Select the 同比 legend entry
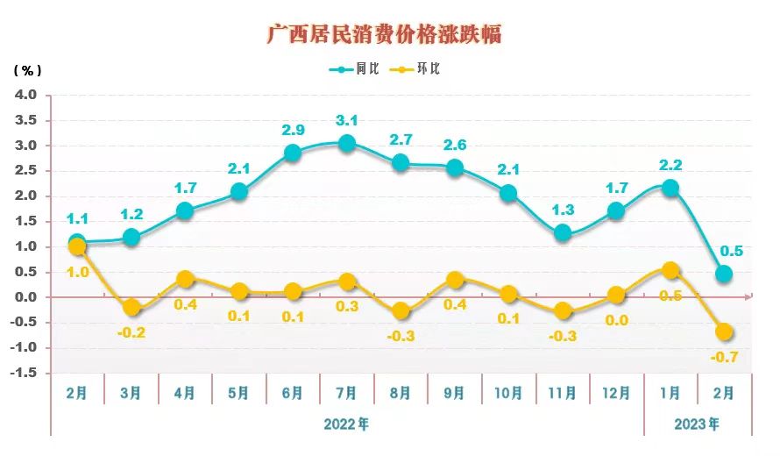pos(354,69)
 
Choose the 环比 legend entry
pos(417,69)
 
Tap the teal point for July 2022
pos(346,144)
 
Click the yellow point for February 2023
pos(724,332)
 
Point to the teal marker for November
pos(563,233)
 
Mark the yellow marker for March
pos(131,308)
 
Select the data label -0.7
pos(724,357)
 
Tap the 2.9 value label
pos(293,130)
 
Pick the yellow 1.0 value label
pos(77,273)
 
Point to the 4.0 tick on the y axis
pos(26,95)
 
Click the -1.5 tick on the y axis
pos(24,374)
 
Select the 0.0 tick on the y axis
pos(26,297)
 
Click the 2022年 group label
pos(346,424)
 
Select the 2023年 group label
pos(697,424)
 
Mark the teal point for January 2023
pos(670,188)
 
